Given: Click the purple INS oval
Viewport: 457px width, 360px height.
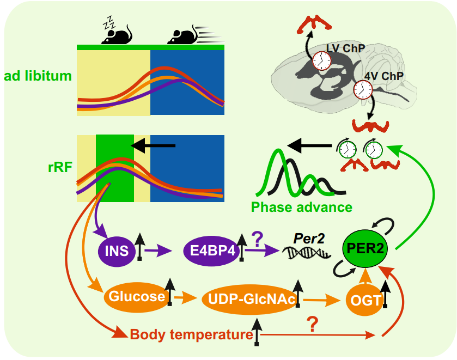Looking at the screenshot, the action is (x=117, y=251).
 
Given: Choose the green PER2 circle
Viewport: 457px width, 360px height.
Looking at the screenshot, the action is (x=365, y=249).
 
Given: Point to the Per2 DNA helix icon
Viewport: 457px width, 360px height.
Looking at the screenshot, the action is (x=307, y=253).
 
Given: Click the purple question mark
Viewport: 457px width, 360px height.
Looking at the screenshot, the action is (x=257, y=239).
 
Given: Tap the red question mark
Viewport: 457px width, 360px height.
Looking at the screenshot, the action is (x=312, y=325).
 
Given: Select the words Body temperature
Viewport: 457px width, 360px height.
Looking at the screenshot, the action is (x=192, y=334).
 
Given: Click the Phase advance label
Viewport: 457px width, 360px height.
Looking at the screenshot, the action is (x=302, y=208).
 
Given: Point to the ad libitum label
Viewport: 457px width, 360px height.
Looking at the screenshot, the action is (x=38, y=76).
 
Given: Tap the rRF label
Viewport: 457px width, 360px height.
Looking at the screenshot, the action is (x=60, y=167).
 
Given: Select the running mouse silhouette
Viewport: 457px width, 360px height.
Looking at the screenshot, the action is (x=196, y=34).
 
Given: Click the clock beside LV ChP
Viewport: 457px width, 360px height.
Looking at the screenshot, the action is (x=322, y=61).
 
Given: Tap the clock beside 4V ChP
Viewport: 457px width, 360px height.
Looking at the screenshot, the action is (x=363, y=89).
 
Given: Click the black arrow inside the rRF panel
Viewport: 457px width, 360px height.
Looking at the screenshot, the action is (x=153, y=145).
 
